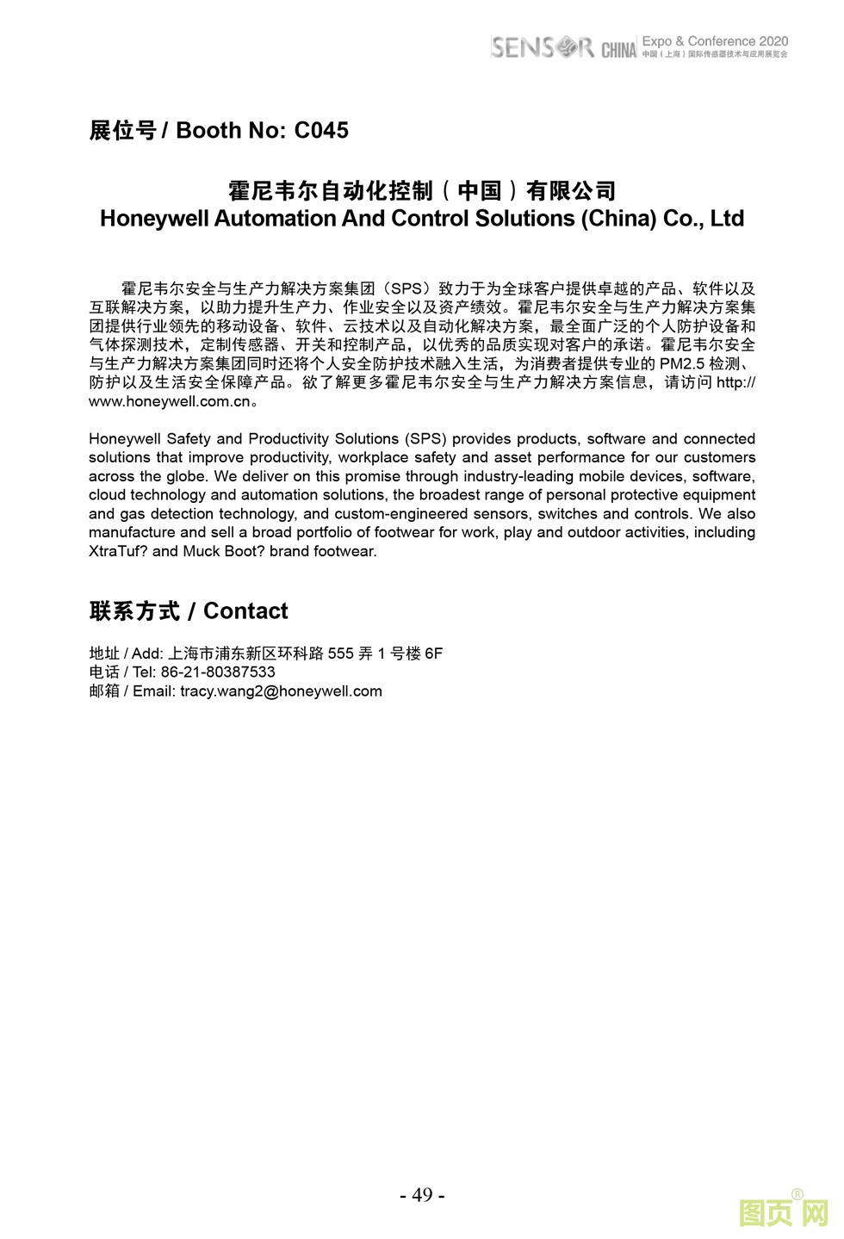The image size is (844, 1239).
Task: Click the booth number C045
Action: click(x=321, y=130)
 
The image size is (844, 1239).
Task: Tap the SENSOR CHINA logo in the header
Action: click(x=563, y=47)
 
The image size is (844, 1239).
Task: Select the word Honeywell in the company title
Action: click(x=154, y=219)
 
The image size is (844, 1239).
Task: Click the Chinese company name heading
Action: click(x=422, y=190)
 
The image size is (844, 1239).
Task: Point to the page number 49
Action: click(x=422, y=1195)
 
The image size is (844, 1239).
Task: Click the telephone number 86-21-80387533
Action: click(x=218, y=672)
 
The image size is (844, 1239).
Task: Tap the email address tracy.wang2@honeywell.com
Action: click(x=281, y=691)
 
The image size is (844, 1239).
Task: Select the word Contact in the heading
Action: click(x=245, y=611)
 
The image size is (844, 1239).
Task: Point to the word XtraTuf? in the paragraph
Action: click(x=118, y=552)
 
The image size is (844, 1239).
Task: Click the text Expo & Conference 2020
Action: click(x=715, y=40)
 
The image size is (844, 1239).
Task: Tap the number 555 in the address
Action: click(x=340, y=654)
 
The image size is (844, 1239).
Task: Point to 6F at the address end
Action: click(x=433, y=654)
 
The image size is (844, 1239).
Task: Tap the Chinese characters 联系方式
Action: click(x=134, y=611)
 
